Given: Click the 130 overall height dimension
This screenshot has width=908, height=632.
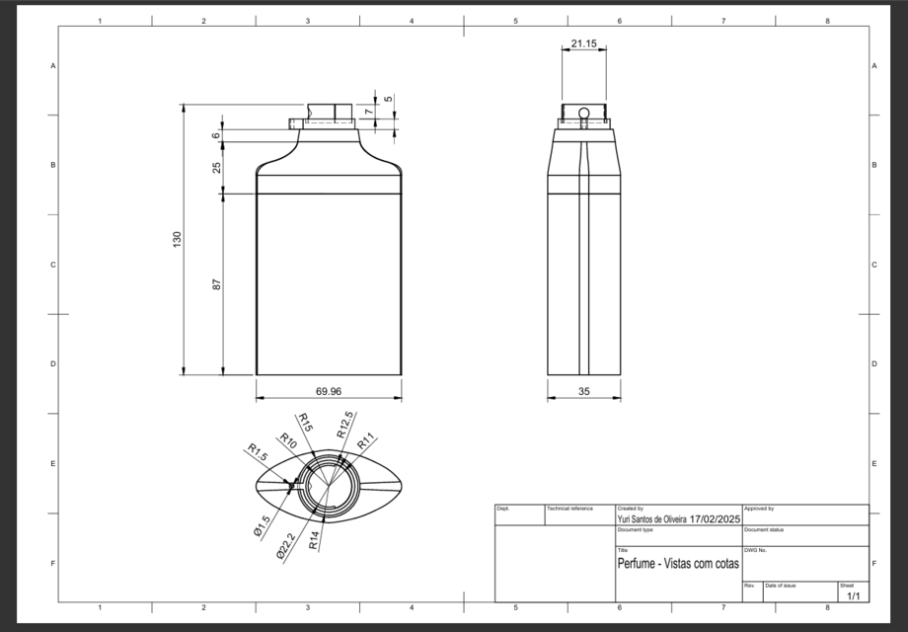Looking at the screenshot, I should pos(178,239).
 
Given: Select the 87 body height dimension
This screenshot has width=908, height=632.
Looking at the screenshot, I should pos(216,284).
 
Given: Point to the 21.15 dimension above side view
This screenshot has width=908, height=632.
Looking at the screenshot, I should pos(583,43).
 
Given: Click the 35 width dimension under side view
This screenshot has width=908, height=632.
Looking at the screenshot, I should pos(584,391).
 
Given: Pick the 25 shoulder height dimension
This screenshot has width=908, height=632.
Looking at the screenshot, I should pos(216,166).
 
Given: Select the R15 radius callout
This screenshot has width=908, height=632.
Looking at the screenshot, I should pos(305,423).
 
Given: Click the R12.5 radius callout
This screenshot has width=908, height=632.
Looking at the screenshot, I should pos(343,427).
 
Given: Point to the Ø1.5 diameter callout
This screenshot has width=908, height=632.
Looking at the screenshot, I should pos(260,526).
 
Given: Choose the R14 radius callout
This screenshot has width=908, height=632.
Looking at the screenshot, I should pos(314,539).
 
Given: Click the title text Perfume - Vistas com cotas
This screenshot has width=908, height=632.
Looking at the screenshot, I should pos(678,564).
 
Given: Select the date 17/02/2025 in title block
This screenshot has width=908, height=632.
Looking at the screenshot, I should pos(716,518).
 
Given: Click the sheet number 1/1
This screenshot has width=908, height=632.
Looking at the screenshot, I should pos(853,595).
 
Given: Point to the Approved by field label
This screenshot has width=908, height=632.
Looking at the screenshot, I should pos(759,509).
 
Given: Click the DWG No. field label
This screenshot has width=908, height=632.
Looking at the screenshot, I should pos(755,550).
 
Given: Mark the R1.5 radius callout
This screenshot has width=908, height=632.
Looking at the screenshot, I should pos(258,452).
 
